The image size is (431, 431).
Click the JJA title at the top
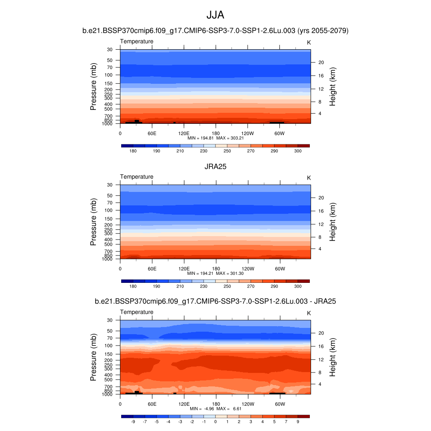coord(215,15)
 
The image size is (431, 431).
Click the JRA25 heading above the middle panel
coord(215,167)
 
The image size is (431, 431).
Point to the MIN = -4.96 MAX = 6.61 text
coord(215,409)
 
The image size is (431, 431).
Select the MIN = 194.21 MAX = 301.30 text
coord(215,273)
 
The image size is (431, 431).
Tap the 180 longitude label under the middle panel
coord(215,269)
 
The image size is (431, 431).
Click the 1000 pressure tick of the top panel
coord(108,124)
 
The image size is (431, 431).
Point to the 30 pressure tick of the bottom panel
coord(110,320)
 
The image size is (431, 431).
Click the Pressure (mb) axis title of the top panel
coord(93,87)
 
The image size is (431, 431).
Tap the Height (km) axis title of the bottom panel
coord(333,357)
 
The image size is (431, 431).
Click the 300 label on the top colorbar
coord(298,151)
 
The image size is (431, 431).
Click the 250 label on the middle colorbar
coord(227,286)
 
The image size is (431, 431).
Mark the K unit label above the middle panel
coord(309,178)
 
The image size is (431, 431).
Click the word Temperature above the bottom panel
coord(137,312)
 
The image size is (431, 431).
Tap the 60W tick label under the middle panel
coord(280,269)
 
